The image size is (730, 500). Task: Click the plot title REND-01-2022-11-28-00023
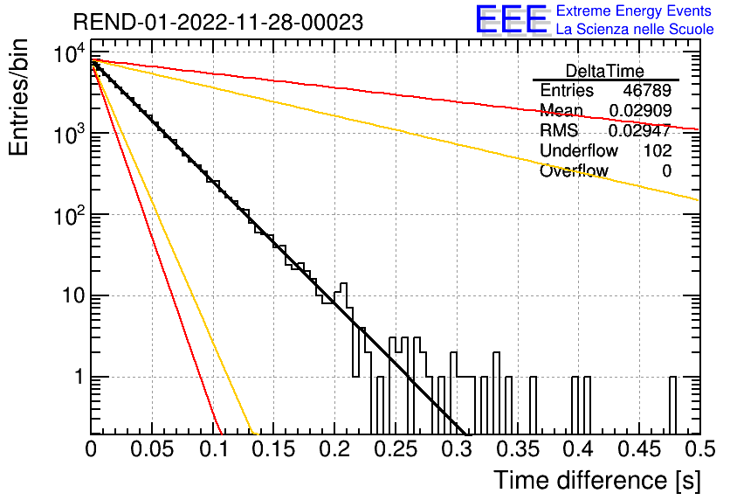pyautogui.click(x=218, y=23)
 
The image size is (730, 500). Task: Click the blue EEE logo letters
pyautogui.click(x=512, y=19)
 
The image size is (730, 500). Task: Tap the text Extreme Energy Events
pyautogui.click(x=634, y=10)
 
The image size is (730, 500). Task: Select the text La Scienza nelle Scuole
pyautogui.click(x=635, y=29)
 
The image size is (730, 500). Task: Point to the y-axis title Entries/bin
pyautogui.click(x=18, y=97)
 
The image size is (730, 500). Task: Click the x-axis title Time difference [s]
pyautogui.click(x=597, y=480)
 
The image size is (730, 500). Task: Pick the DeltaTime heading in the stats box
pyautogui.click(x=605, y=71)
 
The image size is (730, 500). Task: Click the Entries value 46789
pyautogui.click(x=647, y=90)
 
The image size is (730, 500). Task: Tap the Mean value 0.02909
pyautogui.click(x=640, y=110)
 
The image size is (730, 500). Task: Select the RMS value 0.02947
pyautogui.click(x=640, y=130)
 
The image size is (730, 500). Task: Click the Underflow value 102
pyautogui.click(x=658, y=150)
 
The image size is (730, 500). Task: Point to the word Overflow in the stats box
pyautogui.click(x=574, y=170)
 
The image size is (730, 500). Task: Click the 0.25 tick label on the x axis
pyautogui.click(x=396, y=449)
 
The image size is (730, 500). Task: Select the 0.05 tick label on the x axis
pyautogui.click(x=152, y=449)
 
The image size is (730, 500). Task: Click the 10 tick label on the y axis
pyautogui.click(x=73, y=296)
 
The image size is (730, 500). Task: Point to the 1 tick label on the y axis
pyautogui.click(x=79, y=377)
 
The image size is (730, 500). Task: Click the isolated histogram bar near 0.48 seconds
pyautogui.click(x=672, y=405)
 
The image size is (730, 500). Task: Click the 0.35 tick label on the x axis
pyautogui.click(x=518, y=449)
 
